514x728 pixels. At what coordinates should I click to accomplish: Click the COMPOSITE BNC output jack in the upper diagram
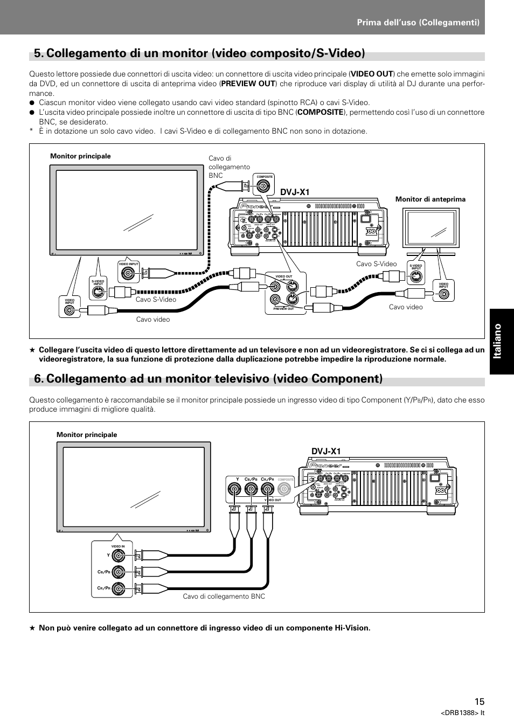tap(265, 186)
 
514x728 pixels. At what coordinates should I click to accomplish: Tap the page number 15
tap(480, 701)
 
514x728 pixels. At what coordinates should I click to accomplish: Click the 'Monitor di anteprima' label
tap(430, 199)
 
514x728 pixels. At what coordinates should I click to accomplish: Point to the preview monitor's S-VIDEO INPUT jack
tap(416, 277)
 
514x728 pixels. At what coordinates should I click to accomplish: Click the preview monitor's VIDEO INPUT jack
tap(443, 294)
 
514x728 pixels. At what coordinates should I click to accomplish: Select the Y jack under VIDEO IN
tap(119, 555)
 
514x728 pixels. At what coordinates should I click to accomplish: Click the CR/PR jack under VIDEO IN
tap(119, 588)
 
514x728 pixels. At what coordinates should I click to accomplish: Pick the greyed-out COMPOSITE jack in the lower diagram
tap(285, 489)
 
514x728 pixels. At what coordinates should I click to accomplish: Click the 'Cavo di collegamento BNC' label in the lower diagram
tap(224, 597)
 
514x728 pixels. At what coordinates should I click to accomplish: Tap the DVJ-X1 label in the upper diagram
tap(295, 192)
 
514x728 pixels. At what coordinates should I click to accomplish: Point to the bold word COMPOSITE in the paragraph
tap(320, 112)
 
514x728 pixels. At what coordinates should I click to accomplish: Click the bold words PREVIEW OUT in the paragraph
tap(248, 84)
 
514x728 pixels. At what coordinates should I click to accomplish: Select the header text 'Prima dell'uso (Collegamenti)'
tap(418, 22)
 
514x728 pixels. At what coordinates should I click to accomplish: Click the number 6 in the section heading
tap(38, 378)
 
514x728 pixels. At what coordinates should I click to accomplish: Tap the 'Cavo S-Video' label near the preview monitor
tap(376, 264)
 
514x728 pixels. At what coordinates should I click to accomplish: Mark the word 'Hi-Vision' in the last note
tap(352, 628)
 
